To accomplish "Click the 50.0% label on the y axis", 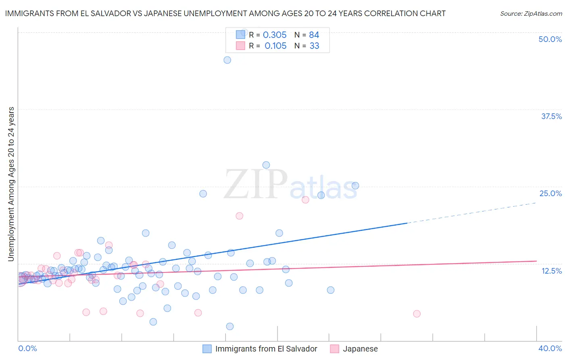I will pos(550,39).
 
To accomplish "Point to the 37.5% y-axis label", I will pos(551,116).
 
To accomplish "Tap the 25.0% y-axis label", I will pos(550,193).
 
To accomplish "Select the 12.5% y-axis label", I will pos(551,271).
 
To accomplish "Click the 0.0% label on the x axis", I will pos(27,348).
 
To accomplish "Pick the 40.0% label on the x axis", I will pos(550,348).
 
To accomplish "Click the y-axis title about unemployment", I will pos(11,184).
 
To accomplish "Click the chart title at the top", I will pos(225,13).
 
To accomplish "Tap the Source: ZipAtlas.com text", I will pos(531,13).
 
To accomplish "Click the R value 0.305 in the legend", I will pos(275,35).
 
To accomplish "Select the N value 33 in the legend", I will pos(314,46).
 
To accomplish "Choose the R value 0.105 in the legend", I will pos(275,46).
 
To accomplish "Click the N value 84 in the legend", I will pos(314,35).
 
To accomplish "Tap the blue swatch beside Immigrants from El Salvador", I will pos(207,349).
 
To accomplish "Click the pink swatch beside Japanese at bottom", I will pos(334,349).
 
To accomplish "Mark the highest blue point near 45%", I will pos(227,60).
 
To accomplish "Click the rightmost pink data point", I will pos(417,314).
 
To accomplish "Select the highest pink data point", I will pos(305,200).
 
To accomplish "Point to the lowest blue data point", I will pos(229,326).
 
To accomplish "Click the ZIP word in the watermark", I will pos(255,184).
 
